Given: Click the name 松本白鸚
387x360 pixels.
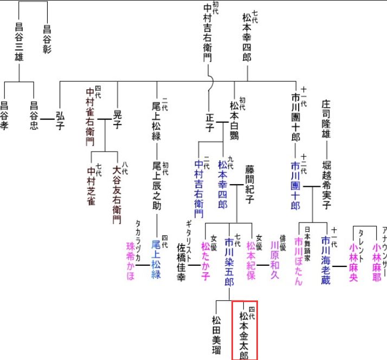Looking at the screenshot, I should pos(234,122).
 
